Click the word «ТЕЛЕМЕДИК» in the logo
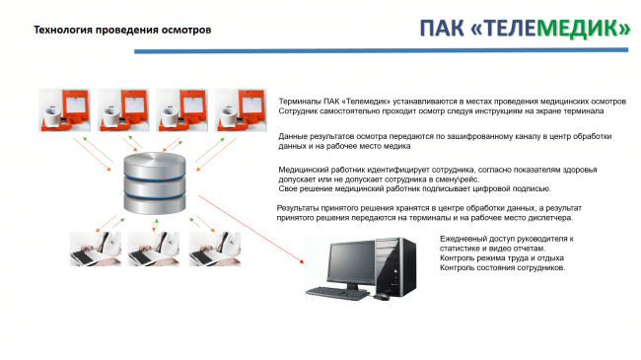pos(550,28)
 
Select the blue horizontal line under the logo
pos(381,50)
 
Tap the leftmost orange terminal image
pos(64,110)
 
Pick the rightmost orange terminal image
pos(241,110)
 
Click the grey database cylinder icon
pos(155,182)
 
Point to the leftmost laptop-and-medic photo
pos(96,250)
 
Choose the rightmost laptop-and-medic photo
pos(215,250)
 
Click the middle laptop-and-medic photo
pos(154,250)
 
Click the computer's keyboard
pos(337,293)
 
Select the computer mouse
pos(381,296)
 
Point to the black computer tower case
pos(395,266)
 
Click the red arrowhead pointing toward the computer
pos(302,260)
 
